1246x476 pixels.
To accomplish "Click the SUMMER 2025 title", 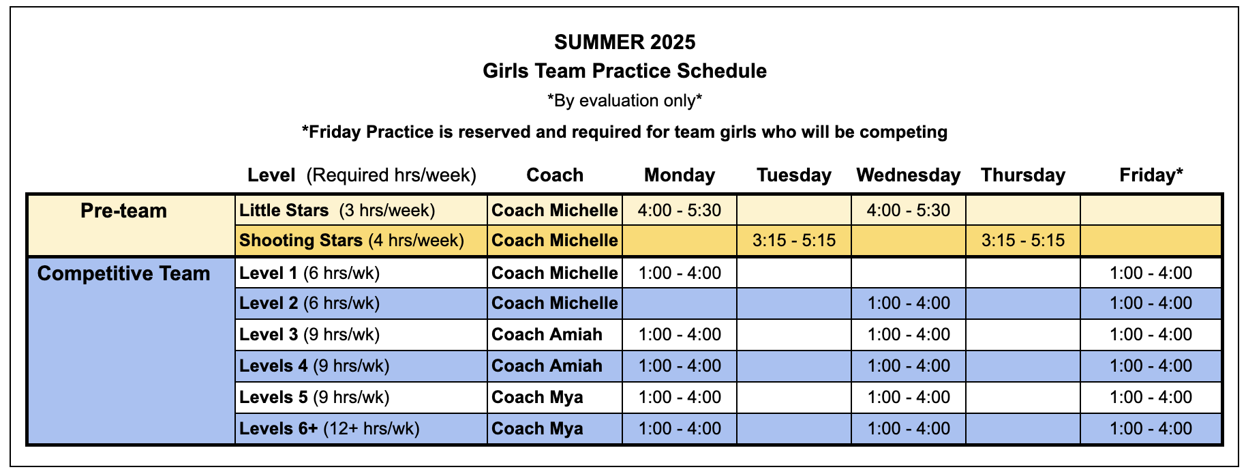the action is pos(624,42).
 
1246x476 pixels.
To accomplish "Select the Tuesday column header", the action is pos(794,175).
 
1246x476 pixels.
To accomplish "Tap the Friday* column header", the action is pos(1151,175).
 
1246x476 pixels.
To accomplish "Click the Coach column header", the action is pos(555,175).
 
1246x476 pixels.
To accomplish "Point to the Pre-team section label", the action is pos(123,211).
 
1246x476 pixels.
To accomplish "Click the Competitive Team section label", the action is pos(123,273).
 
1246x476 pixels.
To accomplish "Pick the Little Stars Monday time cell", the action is pos(680,210).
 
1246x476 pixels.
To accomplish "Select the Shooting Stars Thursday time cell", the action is pos(1023,240).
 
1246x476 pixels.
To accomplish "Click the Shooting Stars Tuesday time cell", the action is pos(794,240).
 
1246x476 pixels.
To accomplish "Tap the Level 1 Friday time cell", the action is pos(1151,273).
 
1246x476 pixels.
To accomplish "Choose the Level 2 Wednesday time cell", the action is pos(909,303).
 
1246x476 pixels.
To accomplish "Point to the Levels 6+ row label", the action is pos(329,429).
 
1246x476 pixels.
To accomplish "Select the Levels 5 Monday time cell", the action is pos(680,398).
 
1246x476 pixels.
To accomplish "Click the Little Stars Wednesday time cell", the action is pos(909,210).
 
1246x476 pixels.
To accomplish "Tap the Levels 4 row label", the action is pos(314,366).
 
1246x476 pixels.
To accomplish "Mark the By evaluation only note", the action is pos(624,101).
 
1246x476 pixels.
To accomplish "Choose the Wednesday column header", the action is pos(909,175).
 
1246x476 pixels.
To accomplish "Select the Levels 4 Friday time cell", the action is pos(1151,366).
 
